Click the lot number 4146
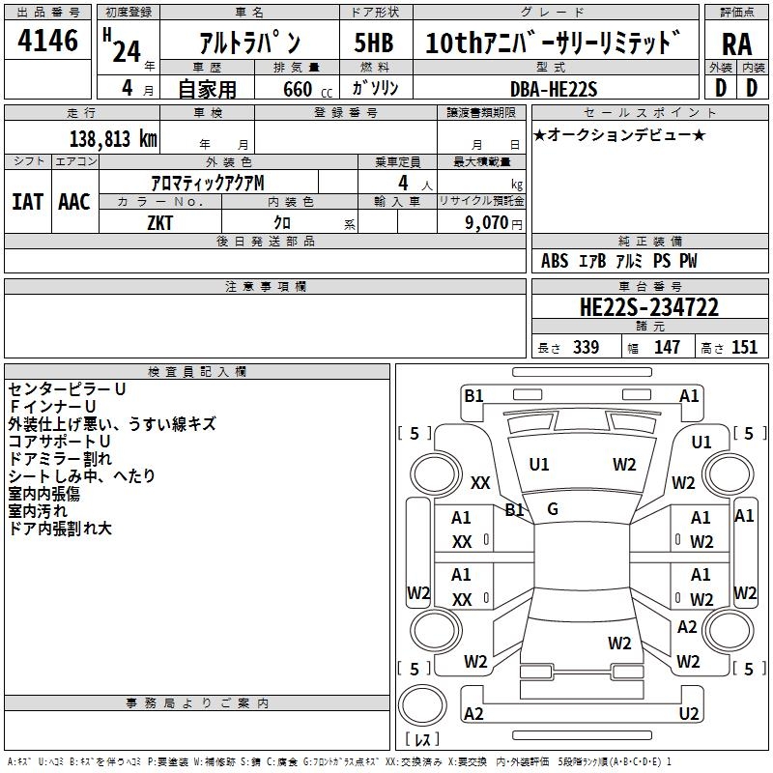pos(47,43)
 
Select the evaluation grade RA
pos(736,43)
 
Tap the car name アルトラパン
pos(248,43)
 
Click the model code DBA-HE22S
pos(554,89)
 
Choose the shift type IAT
pos(27,202)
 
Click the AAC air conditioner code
pos(73,202)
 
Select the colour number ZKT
pos(161,221)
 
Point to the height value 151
pos(743,348)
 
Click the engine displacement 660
pos(296,89)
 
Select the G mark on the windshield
pos(553,508)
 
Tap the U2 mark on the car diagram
pos(689,713)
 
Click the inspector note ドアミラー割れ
pos(60,458)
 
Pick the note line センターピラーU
pos(67,388)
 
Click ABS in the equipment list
pos(555,261)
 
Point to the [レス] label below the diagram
pos(422,739)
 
